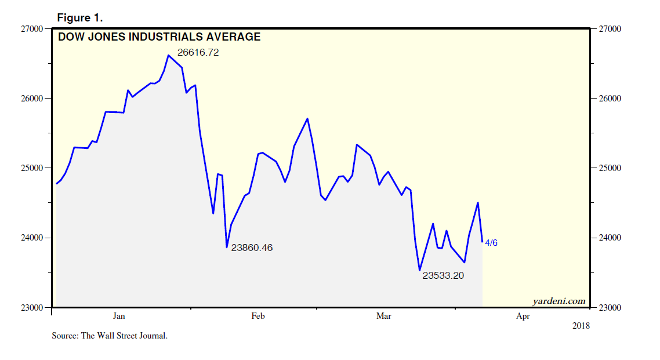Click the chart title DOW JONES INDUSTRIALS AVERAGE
[159, 37]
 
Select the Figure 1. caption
[79, 17]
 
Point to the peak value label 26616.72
[198, 53]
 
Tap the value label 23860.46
[252, 248]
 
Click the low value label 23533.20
[443, 276]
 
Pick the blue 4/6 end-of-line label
[491, 243]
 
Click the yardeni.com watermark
[559, 301]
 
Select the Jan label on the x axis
[119, 316]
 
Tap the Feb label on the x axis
[258, 316]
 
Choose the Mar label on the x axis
[384, 316]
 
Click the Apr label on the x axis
[523, 316]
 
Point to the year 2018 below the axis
[580, 326]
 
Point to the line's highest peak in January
[168, 55]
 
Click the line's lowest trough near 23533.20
[419, 270]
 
